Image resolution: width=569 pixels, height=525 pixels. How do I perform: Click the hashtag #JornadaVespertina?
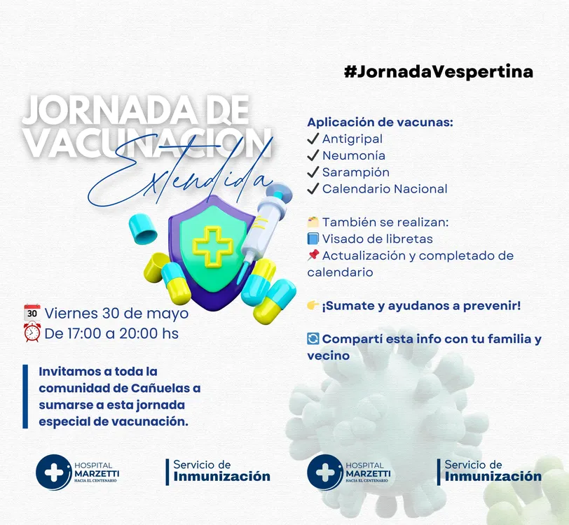point(439,72)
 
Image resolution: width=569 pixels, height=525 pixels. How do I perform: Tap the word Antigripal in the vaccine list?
point(352,139)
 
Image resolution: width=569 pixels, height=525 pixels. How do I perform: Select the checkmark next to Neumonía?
point(313,155)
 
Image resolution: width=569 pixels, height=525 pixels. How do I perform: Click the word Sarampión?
point(356,173)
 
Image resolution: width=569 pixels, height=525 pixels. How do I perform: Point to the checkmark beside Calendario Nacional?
point(313,188)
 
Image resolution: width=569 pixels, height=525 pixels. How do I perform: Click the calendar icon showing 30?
point(32,312)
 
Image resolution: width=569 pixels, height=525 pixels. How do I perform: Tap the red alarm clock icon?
point(32,332)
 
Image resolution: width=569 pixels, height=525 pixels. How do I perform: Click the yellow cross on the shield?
point(213,247)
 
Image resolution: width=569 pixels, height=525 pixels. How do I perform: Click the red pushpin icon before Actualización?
point(313,255)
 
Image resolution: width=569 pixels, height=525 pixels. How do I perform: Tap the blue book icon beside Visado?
point(313,239)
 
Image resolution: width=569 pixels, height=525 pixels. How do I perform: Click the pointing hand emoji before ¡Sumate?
point(313,305)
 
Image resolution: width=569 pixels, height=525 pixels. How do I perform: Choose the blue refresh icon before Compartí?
point(313,339)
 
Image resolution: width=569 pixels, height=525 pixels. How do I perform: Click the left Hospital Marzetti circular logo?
point(53,472)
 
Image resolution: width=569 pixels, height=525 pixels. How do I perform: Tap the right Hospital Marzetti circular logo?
point(324,472)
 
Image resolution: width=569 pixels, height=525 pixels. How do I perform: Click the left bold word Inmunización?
point(221,477)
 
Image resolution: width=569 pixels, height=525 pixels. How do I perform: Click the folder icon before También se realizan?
point(313,221)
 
